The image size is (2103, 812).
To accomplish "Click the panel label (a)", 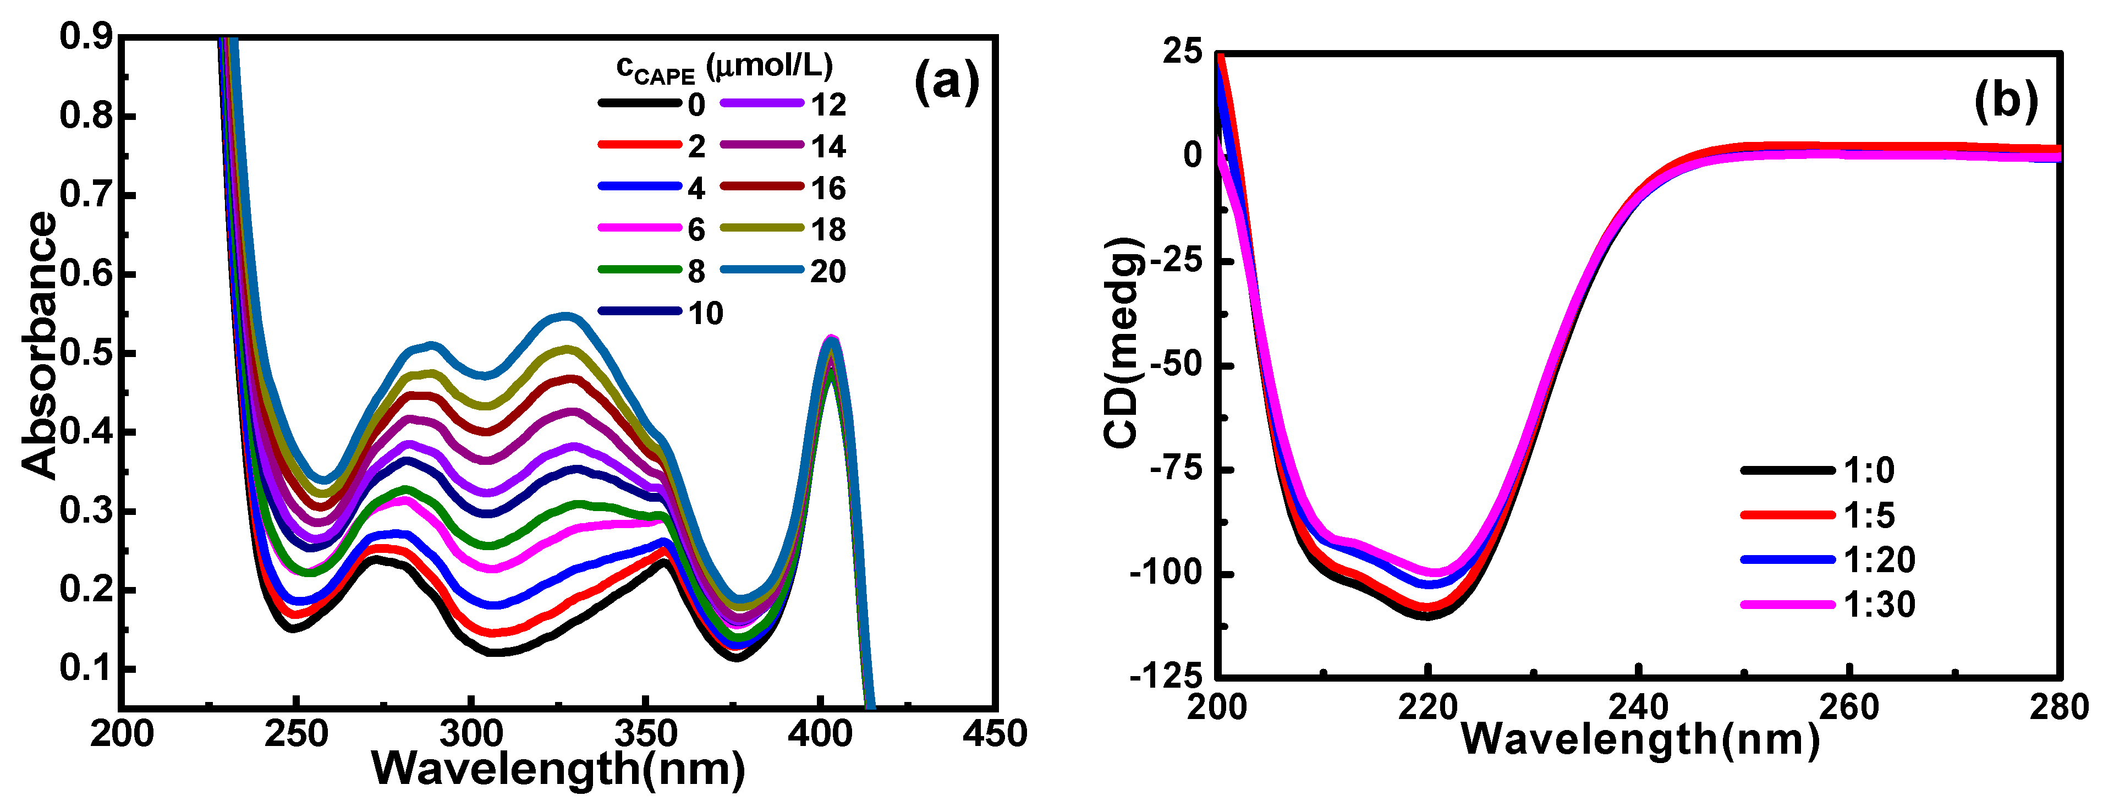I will coord(946,83).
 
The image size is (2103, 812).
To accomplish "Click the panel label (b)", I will coord(2006,101).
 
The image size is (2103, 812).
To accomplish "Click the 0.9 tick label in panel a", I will coord(86,37).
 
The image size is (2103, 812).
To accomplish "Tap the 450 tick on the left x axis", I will coord(995,734).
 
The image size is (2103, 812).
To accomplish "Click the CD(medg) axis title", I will coord(1123,343).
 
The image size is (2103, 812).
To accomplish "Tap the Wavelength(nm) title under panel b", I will coord(1639,740).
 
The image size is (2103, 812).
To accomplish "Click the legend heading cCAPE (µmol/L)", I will coord(724,67).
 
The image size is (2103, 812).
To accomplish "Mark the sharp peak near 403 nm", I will coord(831,341).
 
